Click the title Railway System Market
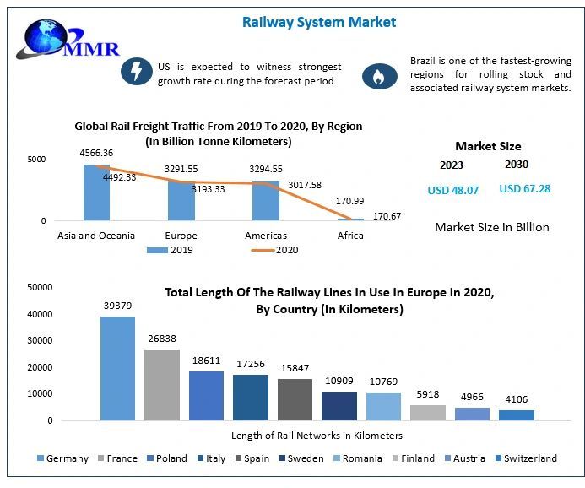(318, 22)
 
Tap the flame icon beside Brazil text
(379, 77)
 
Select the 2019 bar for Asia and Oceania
(96, 192)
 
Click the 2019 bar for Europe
(181, 200)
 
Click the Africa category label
(349, 236)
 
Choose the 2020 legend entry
(274, 250)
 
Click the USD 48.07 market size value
(452, 191)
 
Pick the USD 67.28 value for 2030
(524, 189)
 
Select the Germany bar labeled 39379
(117, 368)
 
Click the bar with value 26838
(161, 384)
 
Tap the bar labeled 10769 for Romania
(383, 406)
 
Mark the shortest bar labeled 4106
(516, 415)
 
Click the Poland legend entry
(167, 458)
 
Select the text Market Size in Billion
(491, 227)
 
